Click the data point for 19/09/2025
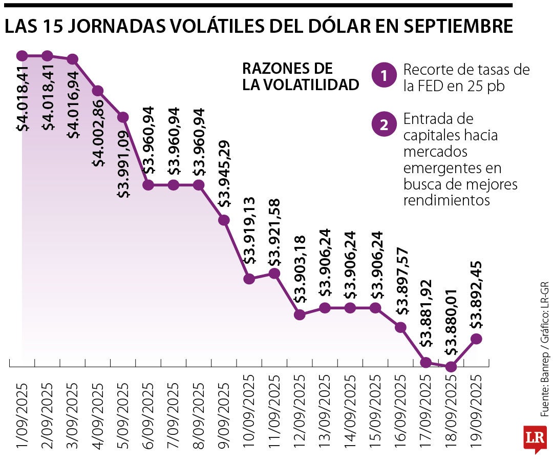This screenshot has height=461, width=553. pyautogui.click(x=476, y=339)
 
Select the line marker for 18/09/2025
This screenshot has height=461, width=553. pyautogui.click(x=451, y=367)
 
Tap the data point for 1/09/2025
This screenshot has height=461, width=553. pyautogui.click(x=22, y=55)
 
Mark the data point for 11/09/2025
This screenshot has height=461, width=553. pyautogui.click(x=274, y=274)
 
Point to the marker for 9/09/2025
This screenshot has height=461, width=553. pyautogui.click(x=224, y=220)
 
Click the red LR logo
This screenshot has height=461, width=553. pyautogui.click(x=535, y=438)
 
